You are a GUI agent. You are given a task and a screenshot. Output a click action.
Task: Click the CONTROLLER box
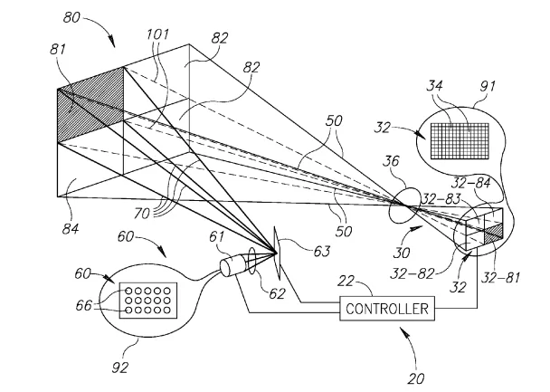point(387,309)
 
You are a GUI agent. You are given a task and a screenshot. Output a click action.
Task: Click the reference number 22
point(346,282)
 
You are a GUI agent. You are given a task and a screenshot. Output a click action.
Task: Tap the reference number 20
point(416,378)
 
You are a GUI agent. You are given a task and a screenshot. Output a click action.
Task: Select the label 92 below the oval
point(120,368)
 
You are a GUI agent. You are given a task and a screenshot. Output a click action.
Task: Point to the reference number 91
point(488,86)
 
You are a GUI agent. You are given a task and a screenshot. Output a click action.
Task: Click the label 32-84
point(470,183)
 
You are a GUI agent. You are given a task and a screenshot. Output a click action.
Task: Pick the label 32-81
point(500,278)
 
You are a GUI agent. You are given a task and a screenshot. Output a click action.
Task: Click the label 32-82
point(412,273)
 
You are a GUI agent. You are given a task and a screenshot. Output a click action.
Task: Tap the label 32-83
point(441,199)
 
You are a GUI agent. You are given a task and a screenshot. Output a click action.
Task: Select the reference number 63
point(322,252)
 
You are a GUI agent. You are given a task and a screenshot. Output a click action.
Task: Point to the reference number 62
point(277,293)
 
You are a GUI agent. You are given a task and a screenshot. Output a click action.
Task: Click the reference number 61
point(216,237)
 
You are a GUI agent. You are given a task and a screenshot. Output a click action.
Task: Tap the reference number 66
point(84,306)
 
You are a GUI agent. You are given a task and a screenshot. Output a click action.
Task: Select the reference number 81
point(58,49)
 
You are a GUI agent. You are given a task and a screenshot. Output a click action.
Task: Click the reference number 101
point(157,34)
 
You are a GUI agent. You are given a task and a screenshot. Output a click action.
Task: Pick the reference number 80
point(71,17)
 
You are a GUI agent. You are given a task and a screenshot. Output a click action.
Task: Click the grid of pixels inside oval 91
point(460,141)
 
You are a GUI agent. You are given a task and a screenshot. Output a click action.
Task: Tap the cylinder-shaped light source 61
point(230,267)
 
